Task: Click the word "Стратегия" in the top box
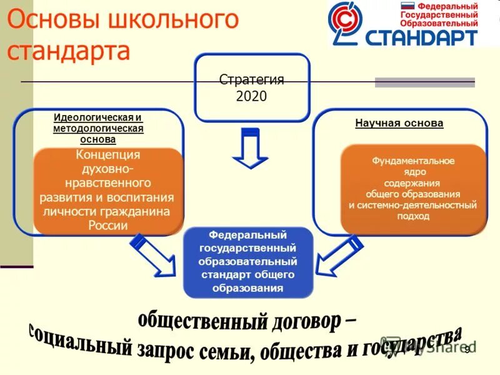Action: [251, 79]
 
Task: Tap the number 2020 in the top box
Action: [251, 96]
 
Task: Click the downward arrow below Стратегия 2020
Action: [250, 148]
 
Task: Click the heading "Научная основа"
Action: [399, 123]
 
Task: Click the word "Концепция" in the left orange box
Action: [107, 155]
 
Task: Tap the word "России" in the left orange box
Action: [107, 226]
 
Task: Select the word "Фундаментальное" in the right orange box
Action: [413, 161]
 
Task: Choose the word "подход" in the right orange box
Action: [413, 216]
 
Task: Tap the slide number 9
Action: [466, 351]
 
